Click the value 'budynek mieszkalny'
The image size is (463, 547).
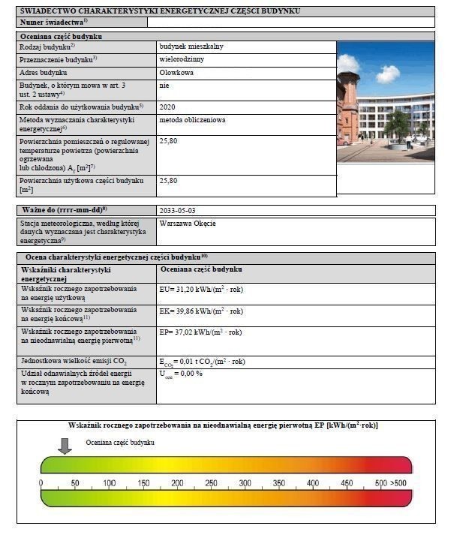click(x=191, y=47)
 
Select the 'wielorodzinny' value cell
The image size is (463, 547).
click(x=182, y=59)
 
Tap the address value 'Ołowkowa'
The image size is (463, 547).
click(x=176, y=73)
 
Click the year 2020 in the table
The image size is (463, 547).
click(x=167, y=107)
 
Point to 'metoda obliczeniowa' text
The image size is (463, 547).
click(x=193, y=119)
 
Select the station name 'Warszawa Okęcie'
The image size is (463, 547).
click(x=188, y=223)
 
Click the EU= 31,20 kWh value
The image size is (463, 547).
click(x=201, y=290)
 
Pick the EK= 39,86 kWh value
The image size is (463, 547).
click(x=201, y=311)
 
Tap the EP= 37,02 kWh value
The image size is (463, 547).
click(x=200, y=332)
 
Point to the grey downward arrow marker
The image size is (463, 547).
click(x=65, y=446)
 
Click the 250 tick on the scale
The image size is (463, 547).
click(x=212, y=482)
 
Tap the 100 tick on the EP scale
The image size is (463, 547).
click(x=110, y=482)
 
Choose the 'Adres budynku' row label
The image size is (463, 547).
click(x=44, y=73)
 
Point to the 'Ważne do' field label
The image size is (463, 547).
click(x=54, y=210)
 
